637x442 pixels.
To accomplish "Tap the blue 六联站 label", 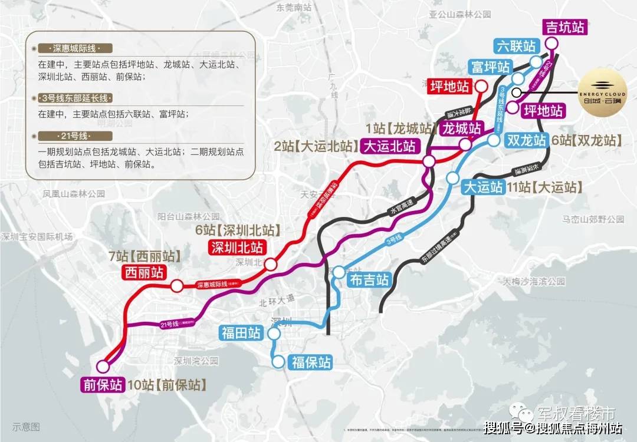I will (x=517, y=47).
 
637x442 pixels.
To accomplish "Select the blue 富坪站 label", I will (x=490, y=66).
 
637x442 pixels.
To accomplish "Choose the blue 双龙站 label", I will (x=526, y=140).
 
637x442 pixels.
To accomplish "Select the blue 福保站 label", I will (x=311, y=362).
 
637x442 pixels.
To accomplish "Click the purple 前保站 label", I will (x=103, y=385).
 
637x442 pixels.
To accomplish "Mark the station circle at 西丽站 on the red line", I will (x=176, y=286).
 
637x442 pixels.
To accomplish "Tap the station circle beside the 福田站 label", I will (x=273, y=334).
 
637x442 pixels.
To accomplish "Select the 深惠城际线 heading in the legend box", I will (x=74, y=48).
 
